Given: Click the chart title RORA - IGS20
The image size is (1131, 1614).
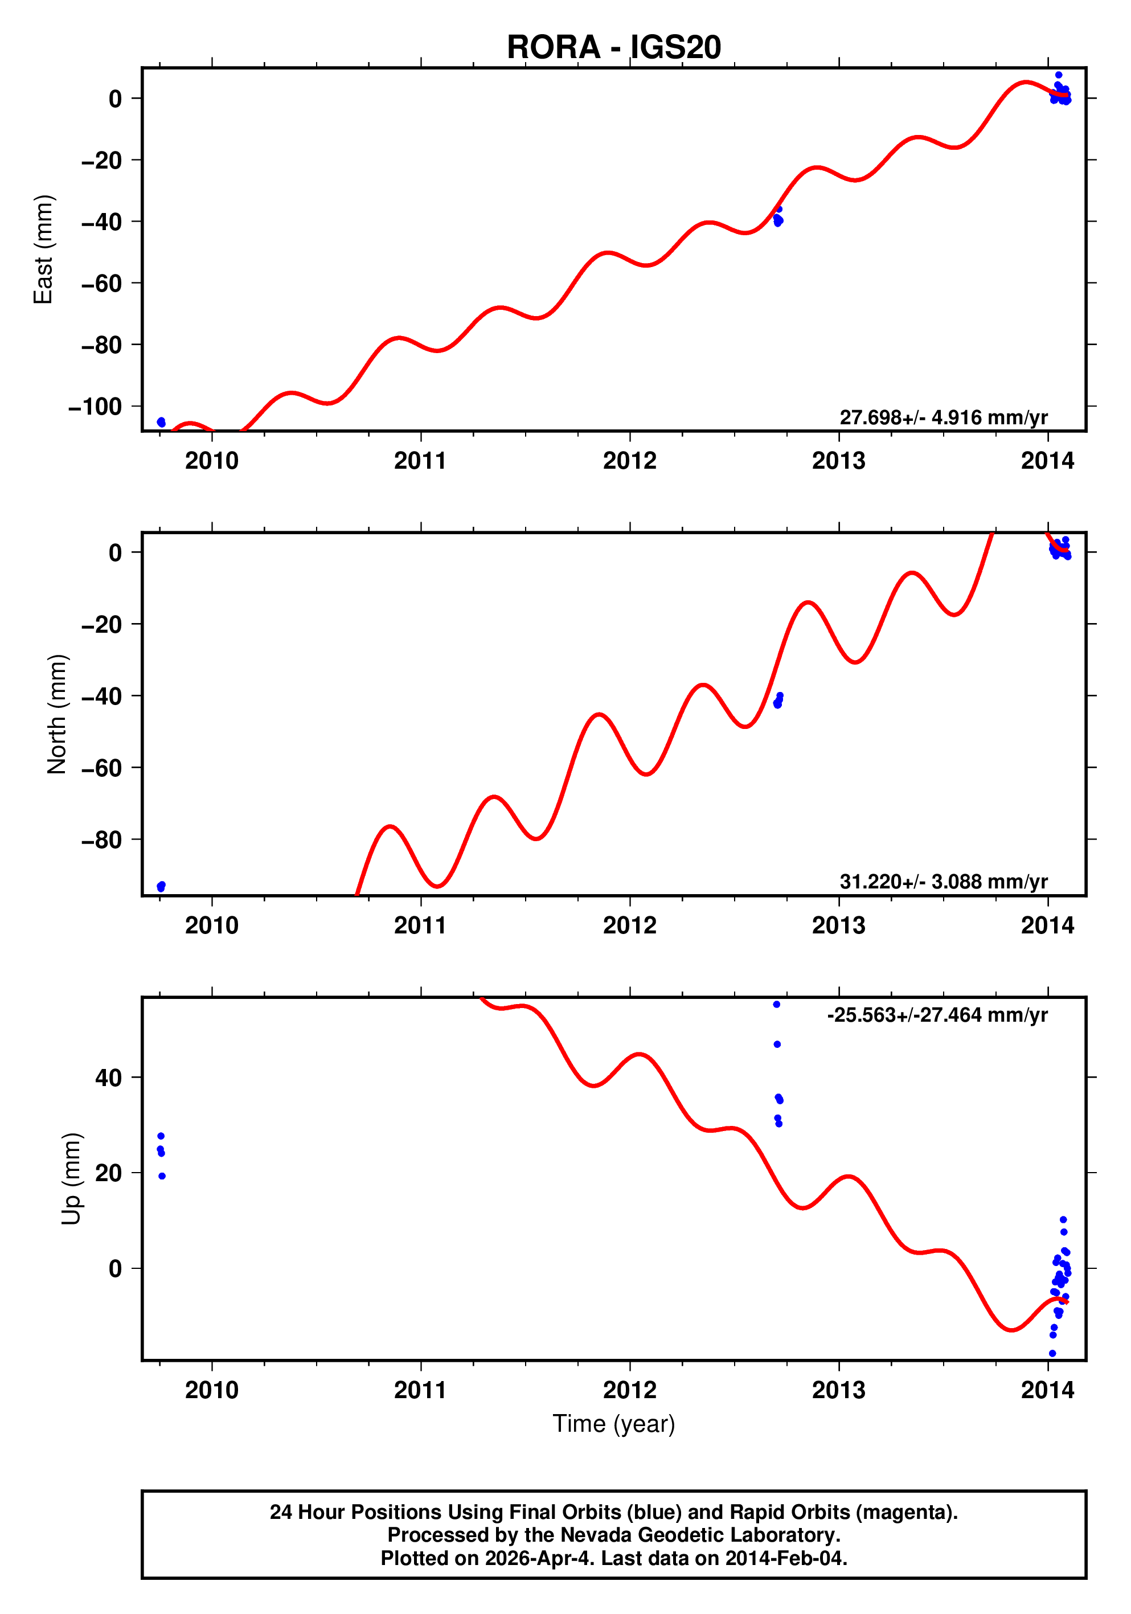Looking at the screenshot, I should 614,47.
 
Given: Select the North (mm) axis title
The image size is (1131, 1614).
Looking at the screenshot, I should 57,714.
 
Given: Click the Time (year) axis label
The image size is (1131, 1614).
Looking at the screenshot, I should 614,1423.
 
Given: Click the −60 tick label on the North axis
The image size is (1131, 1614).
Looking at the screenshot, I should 101,768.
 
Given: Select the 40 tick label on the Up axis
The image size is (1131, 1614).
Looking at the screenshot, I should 108,1078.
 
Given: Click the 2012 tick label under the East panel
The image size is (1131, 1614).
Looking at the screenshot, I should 629,461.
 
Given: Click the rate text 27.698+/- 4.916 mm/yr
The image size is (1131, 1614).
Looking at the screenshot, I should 943,417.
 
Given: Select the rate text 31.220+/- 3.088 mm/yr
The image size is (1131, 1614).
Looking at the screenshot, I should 943,882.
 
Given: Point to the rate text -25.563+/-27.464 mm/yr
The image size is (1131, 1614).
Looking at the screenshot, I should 937,1015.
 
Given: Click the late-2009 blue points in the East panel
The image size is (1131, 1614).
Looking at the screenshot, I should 161,422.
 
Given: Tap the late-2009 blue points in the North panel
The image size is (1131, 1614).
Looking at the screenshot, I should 161,886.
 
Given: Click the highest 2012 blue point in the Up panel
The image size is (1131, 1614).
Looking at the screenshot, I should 777,1005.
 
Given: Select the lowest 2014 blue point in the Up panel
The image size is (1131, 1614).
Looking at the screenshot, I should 1052,1353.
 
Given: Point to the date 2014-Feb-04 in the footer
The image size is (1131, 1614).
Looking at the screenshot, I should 784,1558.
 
